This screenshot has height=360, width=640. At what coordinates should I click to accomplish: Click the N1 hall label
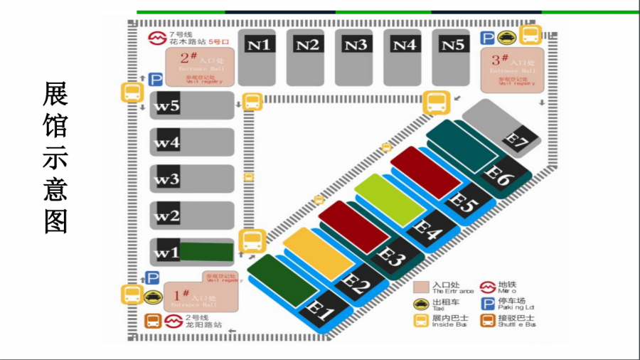point(260,45)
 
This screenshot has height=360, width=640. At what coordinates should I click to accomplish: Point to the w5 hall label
point(167,106)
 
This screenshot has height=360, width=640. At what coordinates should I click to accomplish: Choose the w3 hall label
point(167,179)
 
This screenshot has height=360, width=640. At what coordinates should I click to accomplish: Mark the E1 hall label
point(320,311)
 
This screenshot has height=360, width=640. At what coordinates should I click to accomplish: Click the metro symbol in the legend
point(488,287)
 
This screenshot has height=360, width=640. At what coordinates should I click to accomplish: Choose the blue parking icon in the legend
point(488,304)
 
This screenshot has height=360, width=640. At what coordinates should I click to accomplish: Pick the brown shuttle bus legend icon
point(488,321)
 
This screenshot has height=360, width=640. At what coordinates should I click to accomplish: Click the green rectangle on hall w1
point(206,252)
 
